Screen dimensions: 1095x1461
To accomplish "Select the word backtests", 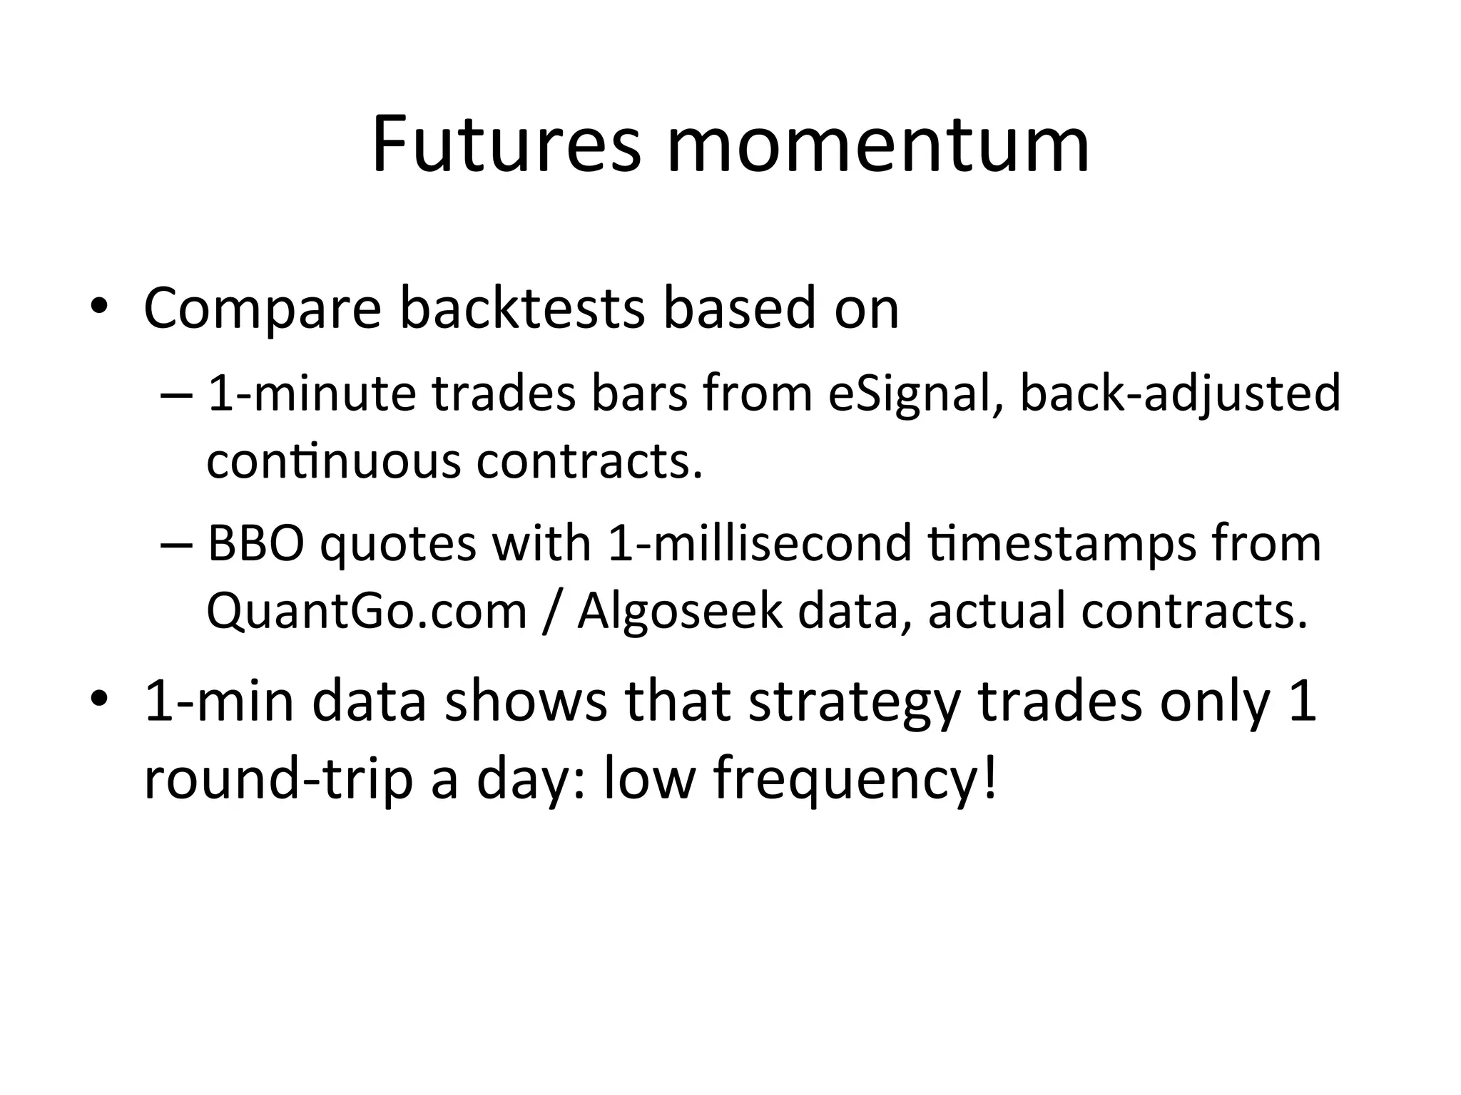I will point(521,309).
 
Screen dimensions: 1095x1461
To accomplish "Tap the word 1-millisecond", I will point(760,543).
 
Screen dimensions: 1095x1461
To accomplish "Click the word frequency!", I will point(854,778).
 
